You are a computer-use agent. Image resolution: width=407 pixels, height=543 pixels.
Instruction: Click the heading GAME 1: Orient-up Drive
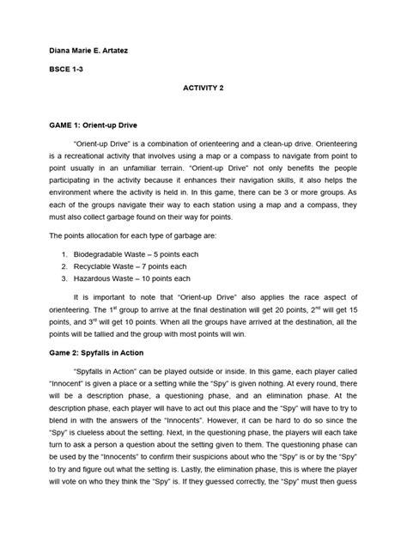coord(95,125)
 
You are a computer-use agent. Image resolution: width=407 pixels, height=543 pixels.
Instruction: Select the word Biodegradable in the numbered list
coord(101,255)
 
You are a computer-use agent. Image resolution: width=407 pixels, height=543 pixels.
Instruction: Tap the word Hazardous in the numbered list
coord(94,279)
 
